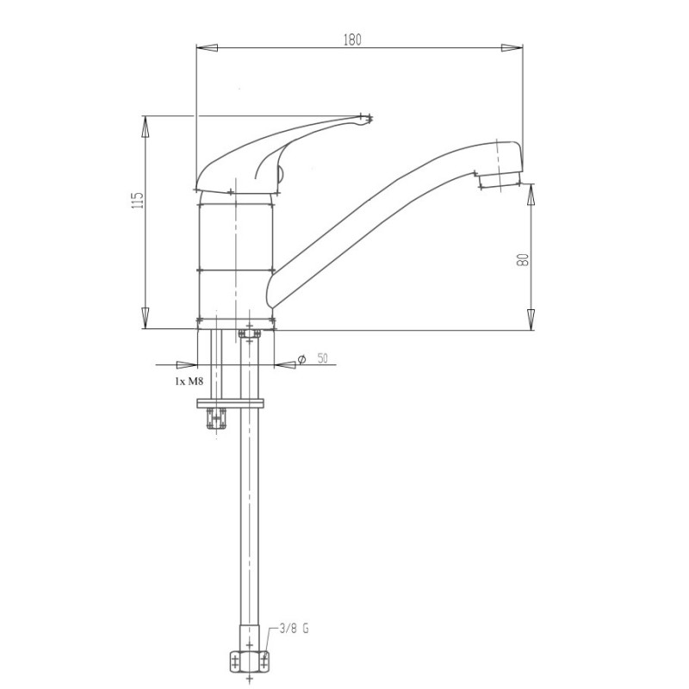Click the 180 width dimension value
(x=352, y=40)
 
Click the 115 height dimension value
(x=138, y=200)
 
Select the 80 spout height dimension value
(x=523, y=260)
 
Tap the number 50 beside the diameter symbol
(x=322, y=358)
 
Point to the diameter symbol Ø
(x=301, y=359)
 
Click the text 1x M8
(x=189, y=381)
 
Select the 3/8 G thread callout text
(x=294, y=629)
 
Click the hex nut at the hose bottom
(x=249, y=661)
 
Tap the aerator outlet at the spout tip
(x=500, y=180)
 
